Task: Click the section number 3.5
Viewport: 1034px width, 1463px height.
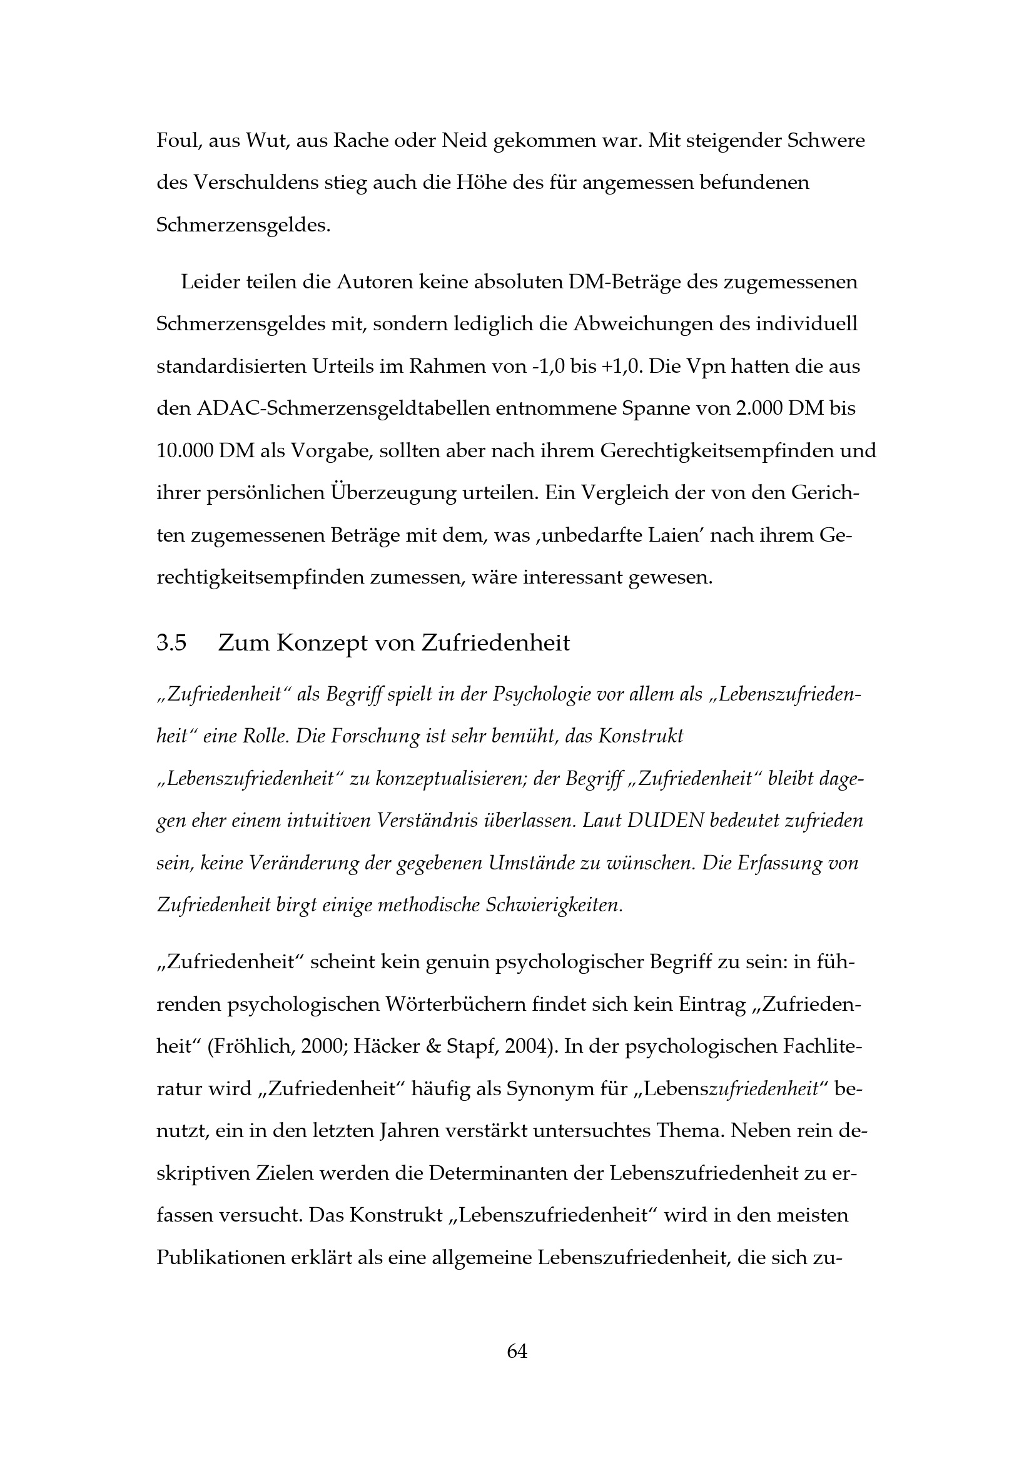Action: pyautogui.click(x=172, y=643)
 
